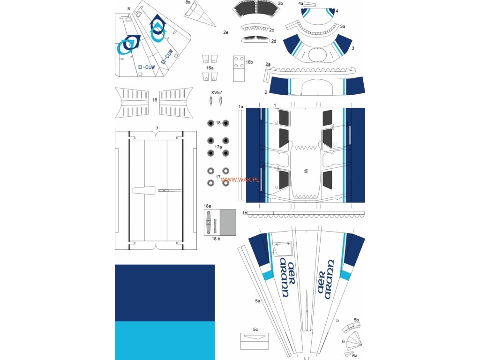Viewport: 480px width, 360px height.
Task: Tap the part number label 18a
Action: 207,206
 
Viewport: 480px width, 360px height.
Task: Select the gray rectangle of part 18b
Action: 228,222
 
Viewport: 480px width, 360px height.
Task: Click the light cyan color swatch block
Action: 165,340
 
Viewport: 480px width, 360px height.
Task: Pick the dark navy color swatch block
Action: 165,292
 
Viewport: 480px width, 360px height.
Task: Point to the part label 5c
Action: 255,330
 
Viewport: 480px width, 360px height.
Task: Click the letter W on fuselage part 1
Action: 306,172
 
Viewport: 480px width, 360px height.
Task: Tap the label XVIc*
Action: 216,93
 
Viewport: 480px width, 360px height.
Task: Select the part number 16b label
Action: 249,62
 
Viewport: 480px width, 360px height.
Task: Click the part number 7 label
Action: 157,128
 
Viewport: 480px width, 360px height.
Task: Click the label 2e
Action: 225,33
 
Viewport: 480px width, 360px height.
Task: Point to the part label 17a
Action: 218,147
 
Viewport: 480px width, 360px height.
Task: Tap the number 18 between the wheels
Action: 218,123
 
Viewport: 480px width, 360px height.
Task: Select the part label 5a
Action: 257,300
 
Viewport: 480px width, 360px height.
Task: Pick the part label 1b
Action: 245,213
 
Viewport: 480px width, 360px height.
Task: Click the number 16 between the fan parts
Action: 155,100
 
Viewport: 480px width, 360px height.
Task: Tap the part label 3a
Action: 343,27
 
